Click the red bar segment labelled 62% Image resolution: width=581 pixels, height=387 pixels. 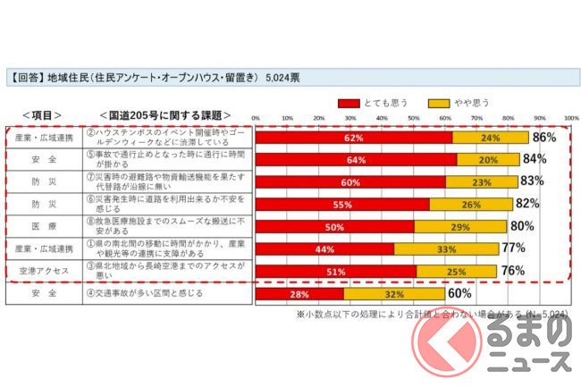[354, 138]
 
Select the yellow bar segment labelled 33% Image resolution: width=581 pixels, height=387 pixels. [446, 248]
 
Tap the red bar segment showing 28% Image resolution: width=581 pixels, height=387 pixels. [299, 293]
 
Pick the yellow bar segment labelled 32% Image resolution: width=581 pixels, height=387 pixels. [393, 293]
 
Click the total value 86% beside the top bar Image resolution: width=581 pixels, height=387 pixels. [544, 138]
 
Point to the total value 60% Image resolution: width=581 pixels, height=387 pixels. [459, 293]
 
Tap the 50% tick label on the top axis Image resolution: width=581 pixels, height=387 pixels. [414, 118]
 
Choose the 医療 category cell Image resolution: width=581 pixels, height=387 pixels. [44, 226]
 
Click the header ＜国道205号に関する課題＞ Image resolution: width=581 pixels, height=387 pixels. [164, 115]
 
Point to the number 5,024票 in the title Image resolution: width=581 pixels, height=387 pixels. [282, 78]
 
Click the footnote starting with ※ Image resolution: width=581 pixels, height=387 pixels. [434, 315]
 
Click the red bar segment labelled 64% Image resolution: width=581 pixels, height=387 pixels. [357, 160]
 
